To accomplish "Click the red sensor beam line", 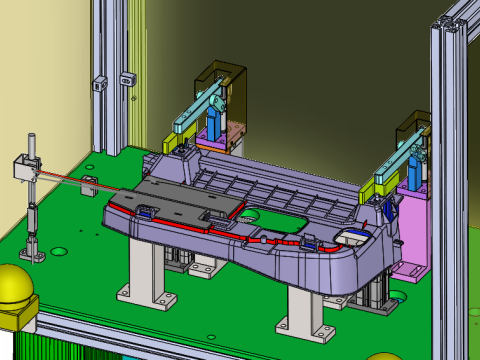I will [x=60, y=177].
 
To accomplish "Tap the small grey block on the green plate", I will [x=90, y=184].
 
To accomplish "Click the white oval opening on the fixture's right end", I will [x=351, y=237].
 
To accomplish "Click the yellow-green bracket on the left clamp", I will [x=170, y=143].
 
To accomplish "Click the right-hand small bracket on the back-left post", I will [x=127, y=77].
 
